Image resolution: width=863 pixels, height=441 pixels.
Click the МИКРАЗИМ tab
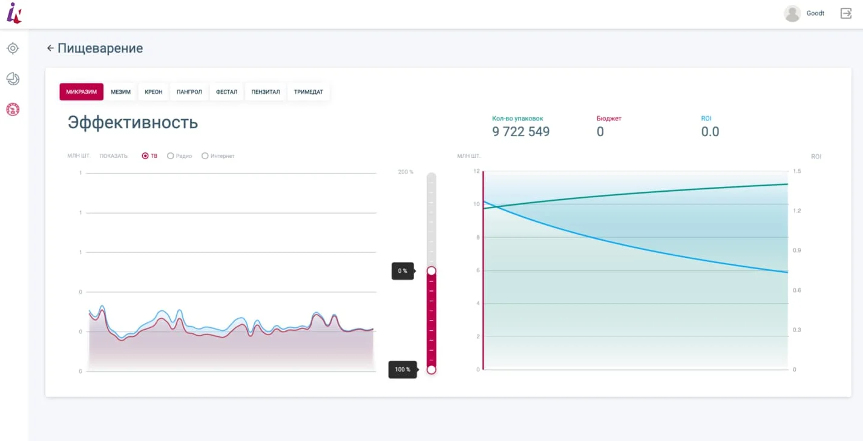point(81,92)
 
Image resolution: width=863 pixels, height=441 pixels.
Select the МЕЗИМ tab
point(120,92)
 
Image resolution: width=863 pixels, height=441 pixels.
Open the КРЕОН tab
point(153,92)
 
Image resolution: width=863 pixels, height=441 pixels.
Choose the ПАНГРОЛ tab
point(189,92)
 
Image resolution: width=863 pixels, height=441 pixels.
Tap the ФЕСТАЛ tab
point(226,92)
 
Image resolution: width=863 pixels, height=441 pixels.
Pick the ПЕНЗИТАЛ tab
point(266,92)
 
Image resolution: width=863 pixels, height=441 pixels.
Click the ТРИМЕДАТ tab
point(309,92)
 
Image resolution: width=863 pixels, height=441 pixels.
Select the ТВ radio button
point(145,156)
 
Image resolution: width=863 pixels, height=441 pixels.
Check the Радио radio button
point(170,156)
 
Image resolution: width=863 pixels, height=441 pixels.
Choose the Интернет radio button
point(205,156)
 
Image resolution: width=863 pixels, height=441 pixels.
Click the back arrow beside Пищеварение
point(50,48)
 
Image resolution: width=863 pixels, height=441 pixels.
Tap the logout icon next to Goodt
point(846,13)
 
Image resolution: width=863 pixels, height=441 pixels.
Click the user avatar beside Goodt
point(793,13)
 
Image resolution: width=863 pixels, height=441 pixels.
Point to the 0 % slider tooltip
point(403,271)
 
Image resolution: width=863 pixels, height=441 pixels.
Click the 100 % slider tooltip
point(403,370)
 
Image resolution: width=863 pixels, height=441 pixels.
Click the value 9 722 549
point(521,132)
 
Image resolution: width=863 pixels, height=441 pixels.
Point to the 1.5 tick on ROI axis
point(797,171)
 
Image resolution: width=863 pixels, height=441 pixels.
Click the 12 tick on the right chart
point(476,171)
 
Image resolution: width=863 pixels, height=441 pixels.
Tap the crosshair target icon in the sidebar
point(13,48)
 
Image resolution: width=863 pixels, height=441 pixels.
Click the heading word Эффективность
point(133,122)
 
